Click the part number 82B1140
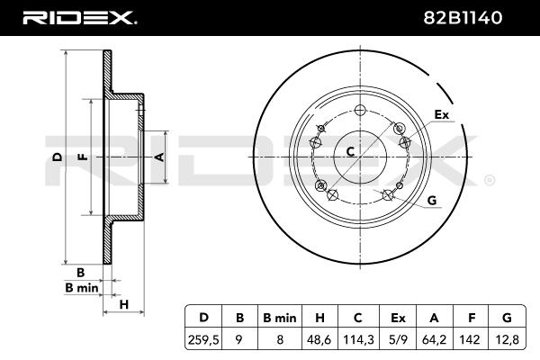point(463,18)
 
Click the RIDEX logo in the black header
point(80,18)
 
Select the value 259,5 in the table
point(203,339)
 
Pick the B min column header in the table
point(280,318)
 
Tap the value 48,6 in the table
point(319,339)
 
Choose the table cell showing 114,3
point(358,339)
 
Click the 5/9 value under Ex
point(398,339)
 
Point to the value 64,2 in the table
point(435,339)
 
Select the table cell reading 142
point(470,339)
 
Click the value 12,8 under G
point(507,339)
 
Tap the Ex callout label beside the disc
point(442,114)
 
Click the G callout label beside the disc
point(432,200)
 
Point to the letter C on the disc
point(350,151)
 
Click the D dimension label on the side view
point(58,157)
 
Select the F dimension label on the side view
point(83,157)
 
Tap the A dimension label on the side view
point(160,157)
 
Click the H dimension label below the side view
point(123,304)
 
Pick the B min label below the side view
point(82,288)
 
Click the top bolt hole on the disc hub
point(360,110)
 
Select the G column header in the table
point(507,318)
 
